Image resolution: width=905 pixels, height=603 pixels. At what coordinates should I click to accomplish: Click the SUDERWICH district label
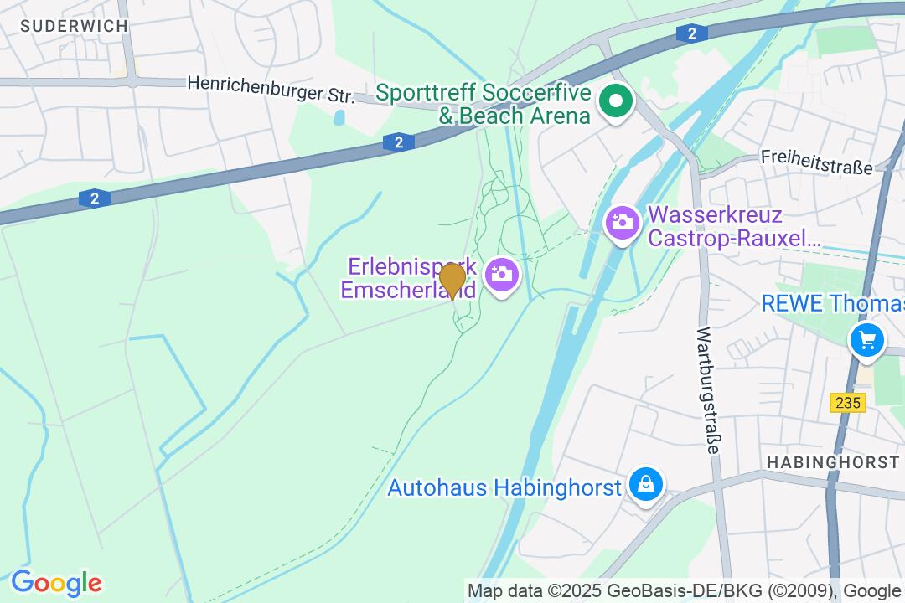tap(75, 26)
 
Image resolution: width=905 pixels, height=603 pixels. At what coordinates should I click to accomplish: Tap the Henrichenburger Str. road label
tap(271, 89)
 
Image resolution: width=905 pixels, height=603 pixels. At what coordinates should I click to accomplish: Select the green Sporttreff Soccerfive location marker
tap(617, 102)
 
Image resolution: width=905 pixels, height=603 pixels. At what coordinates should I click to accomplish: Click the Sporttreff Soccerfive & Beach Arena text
tap(484, 104)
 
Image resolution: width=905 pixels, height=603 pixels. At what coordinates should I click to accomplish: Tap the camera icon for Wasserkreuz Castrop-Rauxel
tap(622, 222)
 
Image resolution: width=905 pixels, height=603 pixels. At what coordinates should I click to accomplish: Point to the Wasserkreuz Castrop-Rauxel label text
tap(734, 227)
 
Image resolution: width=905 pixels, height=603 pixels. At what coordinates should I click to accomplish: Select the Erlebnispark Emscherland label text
tap(411, 278)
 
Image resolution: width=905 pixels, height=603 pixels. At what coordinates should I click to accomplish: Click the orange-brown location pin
tap(452, 279)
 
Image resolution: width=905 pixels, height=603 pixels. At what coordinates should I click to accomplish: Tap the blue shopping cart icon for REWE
tap(866, 341)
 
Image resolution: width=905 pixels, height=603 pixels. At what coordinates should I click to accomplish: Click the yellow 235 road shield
tap(848, 403)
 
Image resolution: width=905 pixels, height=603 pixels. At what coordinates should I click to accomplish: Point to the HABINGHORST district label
tap(833, 462)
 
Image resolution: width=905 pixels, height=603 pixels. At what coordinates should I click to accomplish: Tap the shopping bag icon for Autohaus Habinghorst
tap(646, 484)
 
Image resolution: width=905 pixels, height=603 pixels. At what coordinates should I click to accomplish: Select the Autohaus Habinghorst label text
tap(504, 487)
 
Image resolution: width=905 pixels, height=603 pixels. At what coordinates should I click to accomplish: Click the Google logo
tap(56, 583)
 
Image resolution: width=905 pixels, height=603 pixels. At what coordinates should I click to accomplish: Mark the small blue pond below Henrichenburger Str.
tap(339, 118)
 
